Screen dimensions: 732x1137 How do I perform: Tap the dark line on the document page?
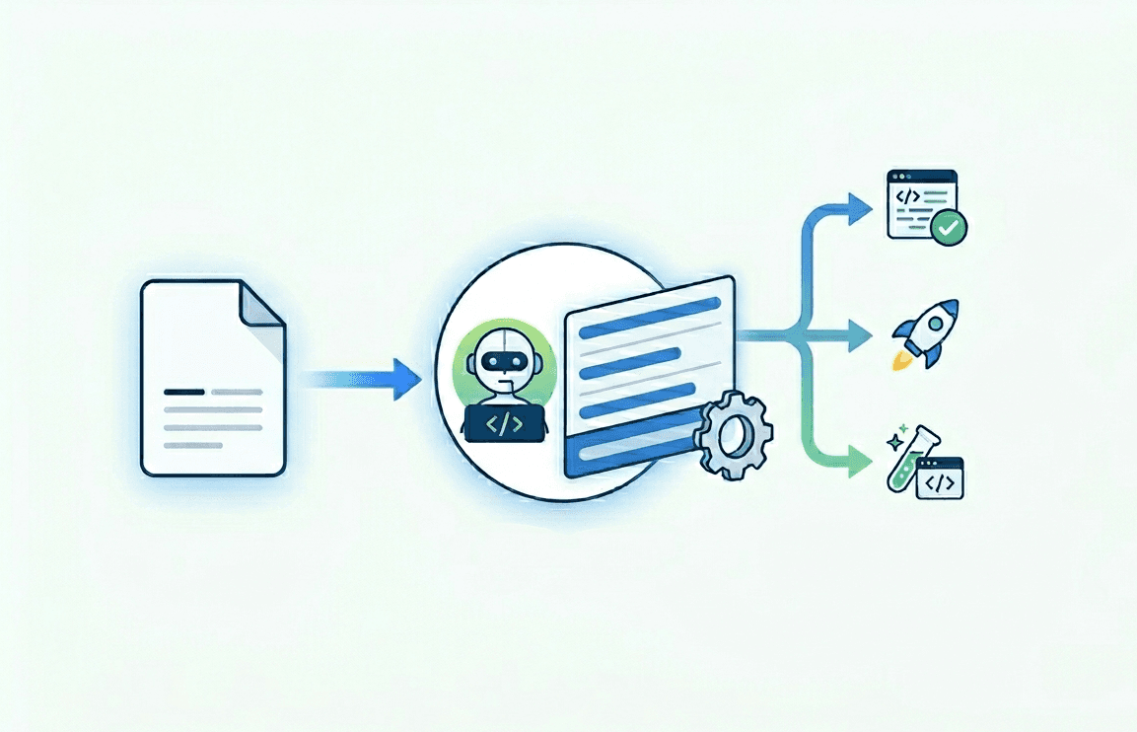coord(184,392)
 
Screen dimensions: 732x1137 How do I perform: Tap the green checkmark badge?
coord(949,228)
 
